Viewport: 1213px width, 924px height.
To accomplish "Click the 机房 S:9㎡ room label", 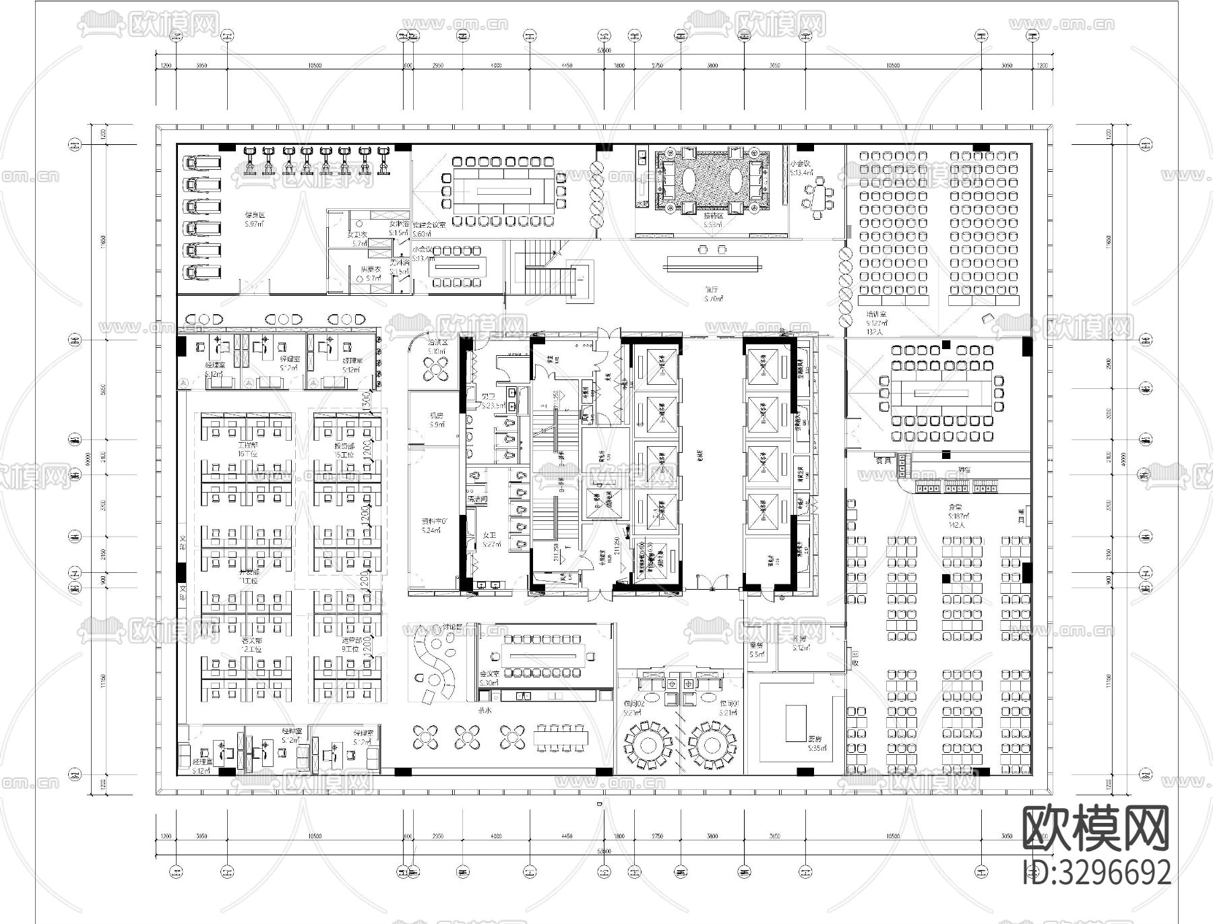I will [437, 420].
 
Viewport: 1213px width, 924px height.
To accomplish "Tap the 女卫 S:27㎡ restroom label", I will [489, 539].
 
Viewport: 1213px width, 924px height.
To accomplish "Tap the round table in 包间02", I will [648, 745].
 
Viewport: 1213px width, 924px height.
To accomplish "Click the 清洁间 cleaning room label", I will [477, 499].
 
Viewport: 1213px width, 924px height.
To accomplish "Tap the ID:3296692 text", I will [1096, 872].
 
